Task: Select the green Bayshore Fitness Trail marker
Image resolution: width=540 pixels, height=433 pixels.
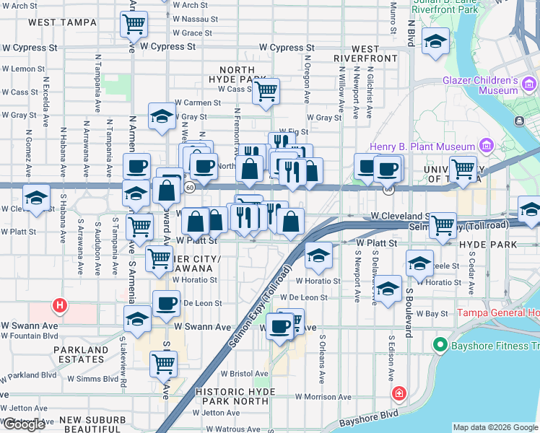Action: (438, 346)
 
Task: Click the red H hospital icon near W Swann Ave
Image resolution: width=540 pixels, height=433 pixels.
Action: (61, 305)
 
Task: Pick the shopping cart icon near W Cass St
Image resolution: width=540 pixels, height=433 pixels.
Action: (266, 91)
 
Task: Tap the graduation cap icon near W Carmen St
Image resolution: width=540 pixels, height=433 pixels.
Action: (162, 116)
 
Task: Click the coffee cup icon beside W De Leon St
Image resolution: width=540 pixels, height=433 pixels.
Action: (167, 303)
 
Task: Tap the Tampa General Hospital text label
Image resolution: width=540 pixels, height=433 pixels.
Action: (498, 313)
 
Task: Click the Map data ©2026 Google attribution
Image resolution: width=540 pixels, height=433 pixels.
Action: (495, 427)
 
